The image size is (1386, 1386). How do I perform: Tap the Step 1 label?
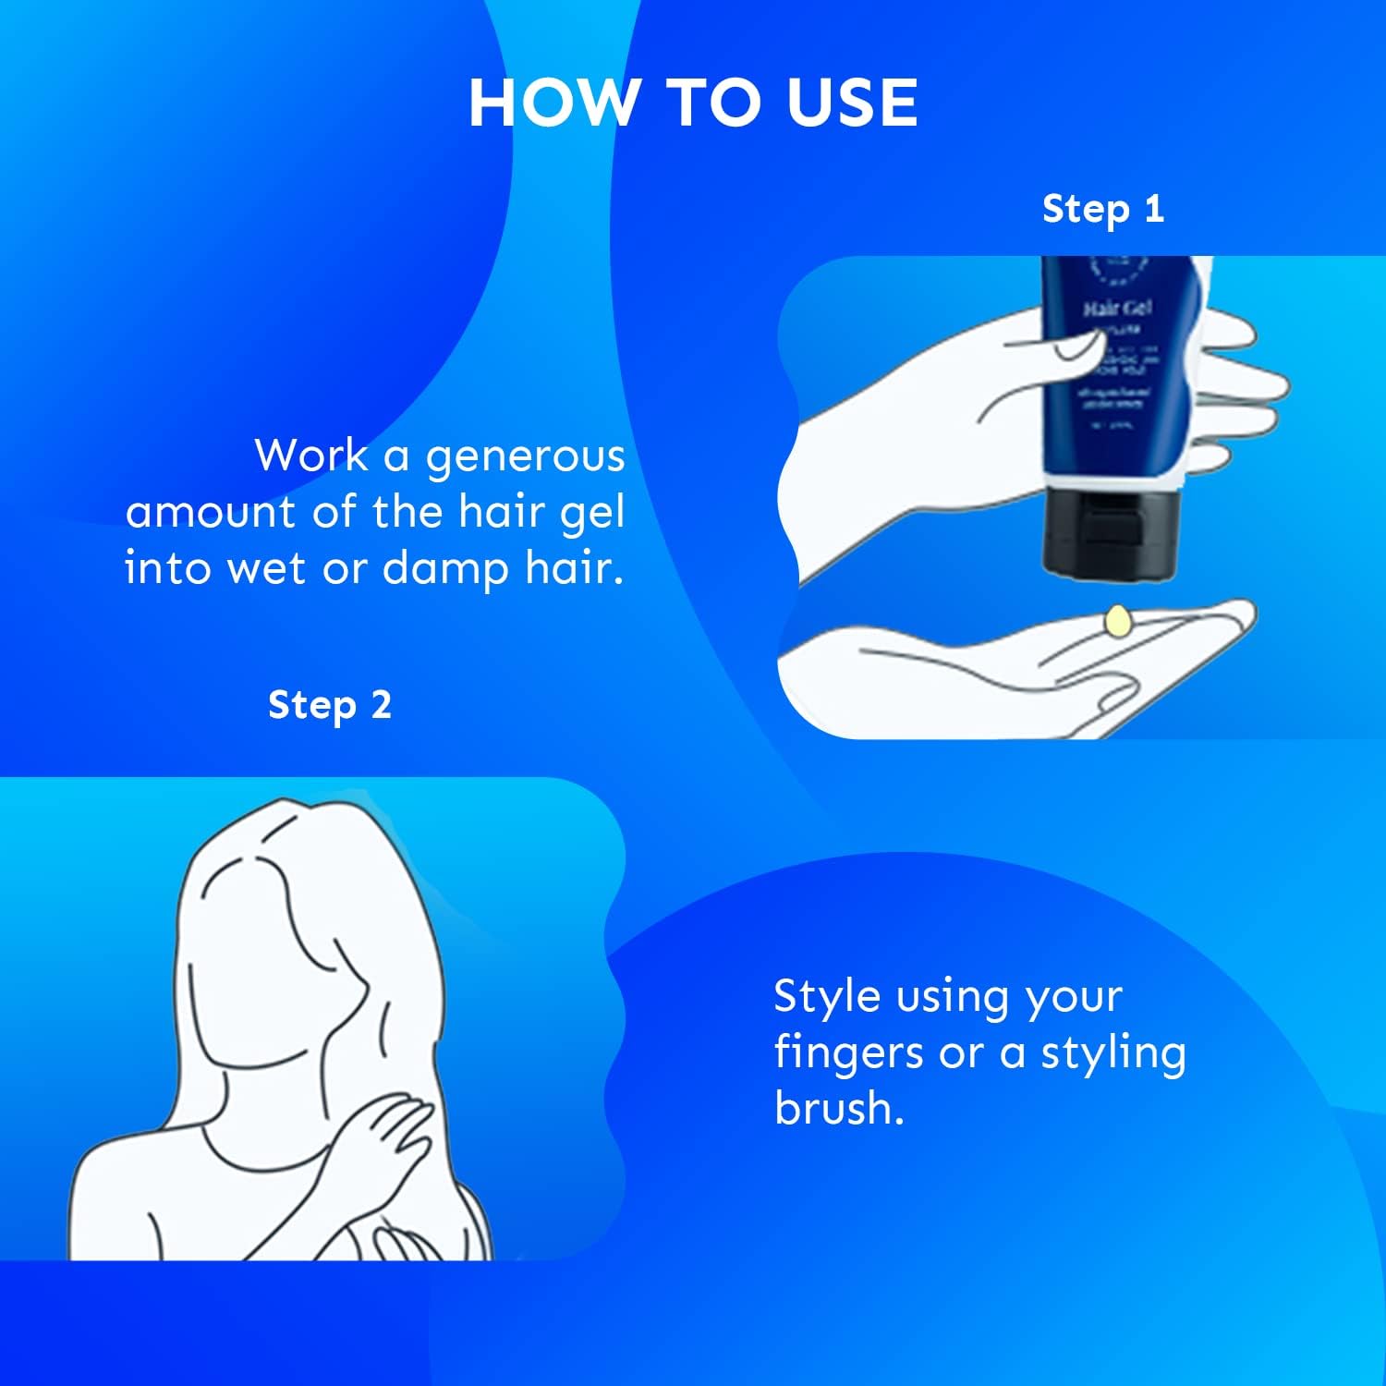[1102, 210]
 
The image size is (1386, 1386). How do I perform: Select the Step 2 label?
[329, 706]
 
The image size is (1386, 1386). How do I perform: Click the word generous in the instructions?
[525, 457]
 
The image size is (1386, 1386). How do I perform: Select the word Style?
[826, 997]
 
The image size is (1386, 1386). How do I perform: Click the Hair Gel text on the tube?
[1117, 308]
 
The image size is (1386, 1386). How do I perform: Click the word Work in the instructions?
[310, 456]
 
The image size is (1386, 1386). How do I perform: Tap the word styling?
[1112, 1053]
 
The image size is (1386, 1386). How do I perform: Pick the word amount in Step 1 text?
[210, 513]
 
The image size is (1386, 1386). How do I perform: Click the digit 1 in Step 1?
[1153, 209]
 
